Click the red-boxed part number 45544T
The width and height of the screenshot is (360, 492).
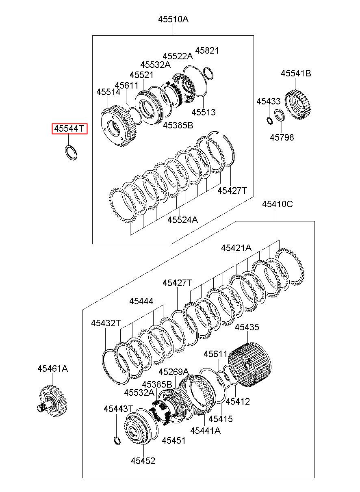[69, 129]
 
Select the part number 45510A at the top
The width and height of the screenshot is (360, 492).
[173, 19]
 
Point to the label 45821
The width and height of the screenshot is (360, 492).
[207, 51]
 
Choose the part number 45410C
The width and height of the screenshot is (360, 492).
[277, 204]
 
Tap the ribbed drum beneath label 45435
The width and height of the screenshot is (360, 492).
[248, 365]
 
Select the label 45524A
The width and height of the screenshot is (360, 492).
[182, 220]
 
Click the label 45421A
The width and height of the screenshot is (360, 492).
[236, 248]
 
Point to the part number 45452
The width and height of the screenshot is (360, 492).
[143, 461]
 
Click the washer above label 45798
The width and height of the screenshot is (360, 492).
[280, 115]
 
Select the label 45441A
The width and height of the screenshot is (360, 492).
[206, 430]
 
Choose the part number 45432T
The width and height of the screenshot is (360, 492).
[106, 323]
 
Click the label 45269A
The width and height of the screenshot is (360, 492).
[173, 372]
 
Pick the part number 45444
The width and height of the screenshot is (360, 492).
[141, 301]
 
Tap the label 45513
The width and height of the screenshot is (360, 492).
[204, 112]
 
